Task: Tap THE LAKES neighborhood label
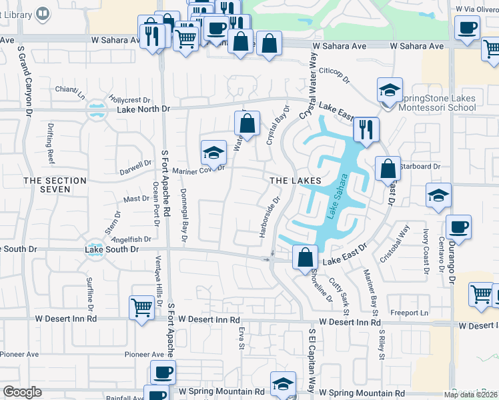pyautogui.click(x=295, y=181)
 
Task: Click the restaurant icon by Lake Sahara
pyautogui.click(x=366, y=129)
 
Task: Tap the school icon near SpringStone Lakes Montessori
pyautogui.click(x=390, y=89)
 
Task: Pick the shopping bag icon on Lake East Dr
pyautogui.click(x=305, y=257)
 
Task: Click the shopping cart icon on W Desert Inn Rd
pyautogui.click(x=141, y=308)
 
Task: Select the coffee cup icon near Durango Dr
pyautogui.click(x=459, y=227)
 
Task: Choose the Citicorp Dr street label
pyautogui.click(x=334, y=75)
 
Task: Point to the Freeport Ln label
pyautogui.click(x=410, y=312)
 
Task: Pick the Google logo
pyautogui.click(x=22, y=393)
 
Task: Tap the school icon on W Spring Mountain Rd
pyautogui.click(x=283, y=383)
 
